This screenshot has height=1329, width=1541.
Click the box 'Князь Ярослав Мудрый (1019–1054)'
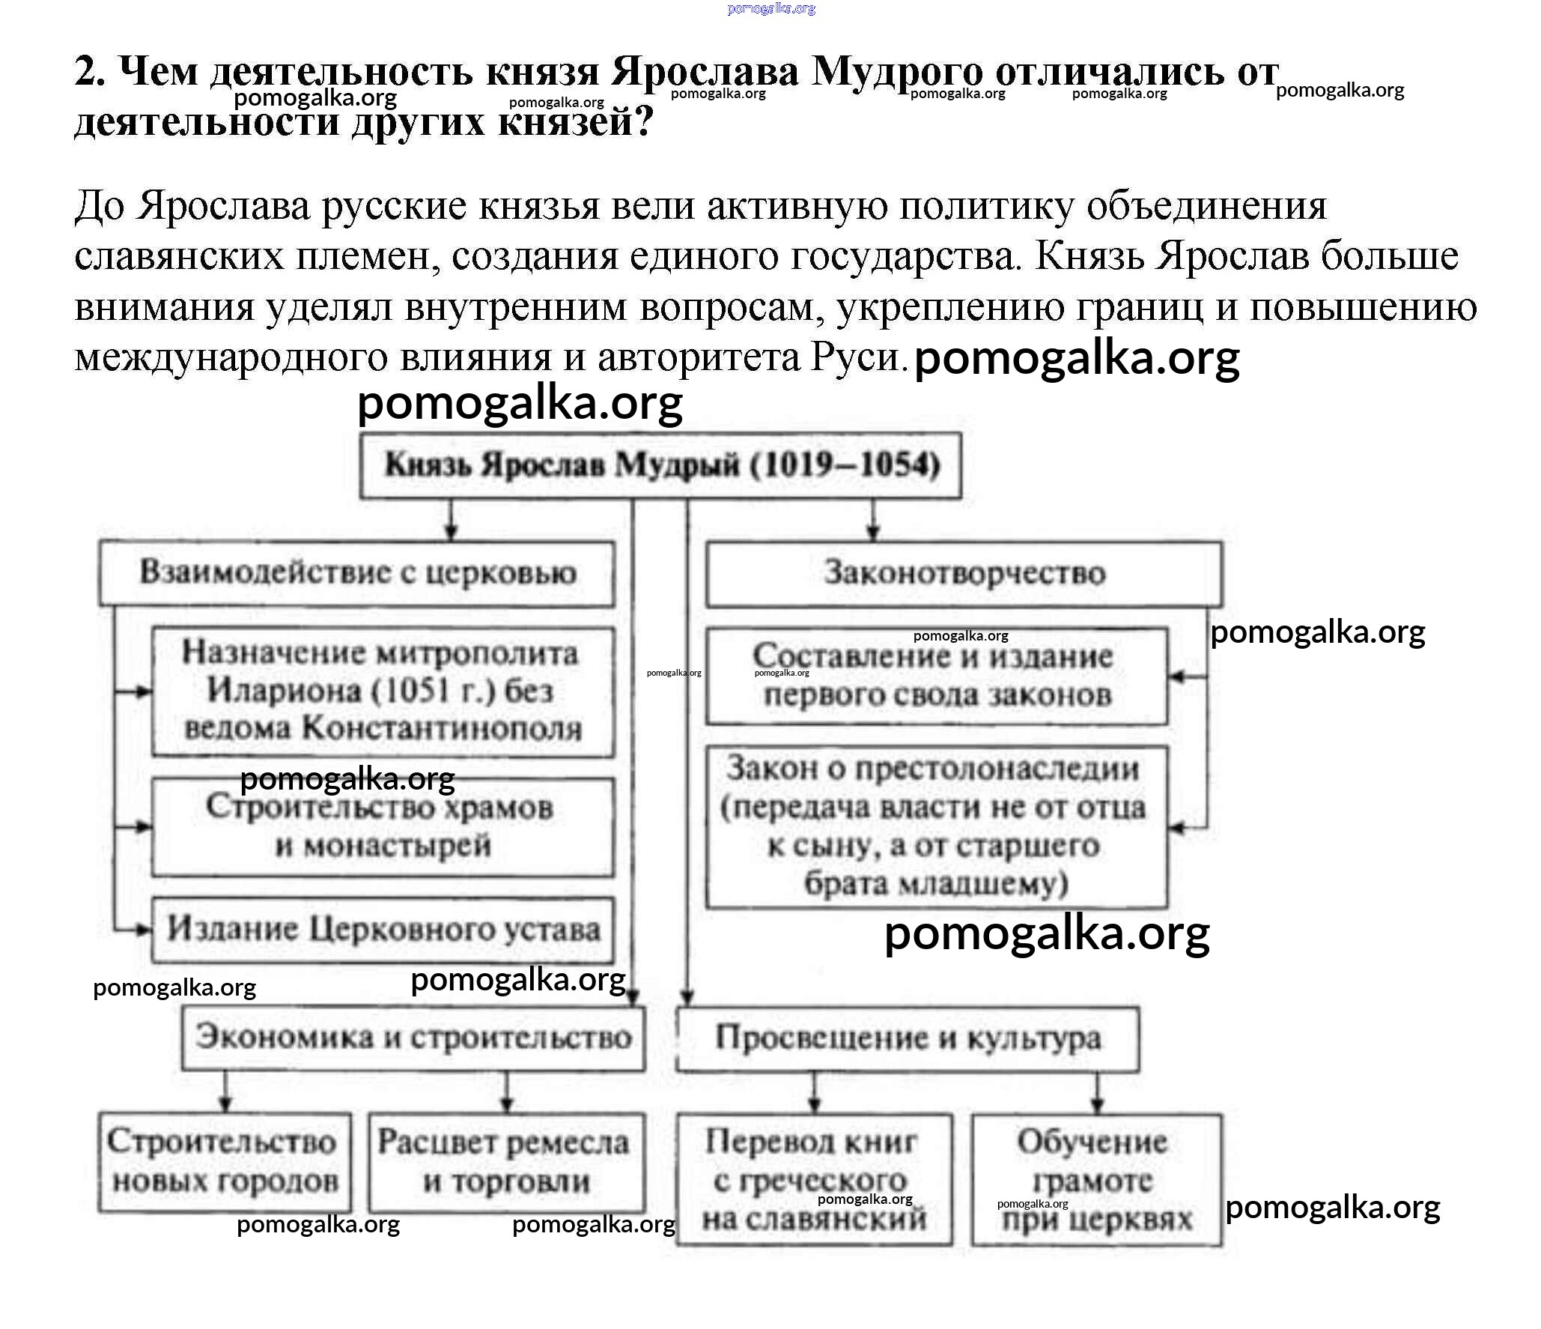click(660, 465)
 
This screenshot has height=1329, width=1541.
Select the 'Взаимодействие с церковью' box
click(357, 573)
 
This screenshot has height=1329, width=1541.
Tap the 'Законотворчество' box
click(964, 573)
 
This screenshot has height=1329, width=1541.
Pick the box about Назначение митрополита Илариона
click(383, 691)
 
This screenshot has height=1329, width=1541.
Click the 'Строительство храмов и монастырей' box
click(383, 827)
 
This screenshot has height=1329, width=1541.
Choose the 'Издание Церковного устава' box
click(383, 930)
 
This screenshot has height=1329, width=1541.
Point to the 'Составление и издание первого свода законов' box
click(937, 676)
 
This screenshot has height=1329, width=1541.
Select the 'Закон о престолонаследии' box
click(937, 826)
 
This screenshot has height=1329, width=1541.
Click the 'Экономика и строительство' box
click(413, 1038)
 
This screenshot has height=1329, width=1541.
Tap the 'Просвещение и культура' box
click(908, 1038)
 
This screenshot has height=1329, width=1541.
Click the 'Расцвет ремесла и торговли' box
click(506, 1162)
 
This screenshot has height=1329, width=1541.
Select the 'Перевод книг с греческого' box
click(814, 1180)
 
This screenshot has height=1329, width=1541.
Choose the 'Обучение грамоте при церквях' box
click(1097, 1180)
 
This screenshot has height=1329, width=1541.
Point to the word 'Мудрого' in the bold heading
click(896, 73)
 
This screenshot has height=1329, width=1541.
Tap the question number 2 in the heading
click(89, 73)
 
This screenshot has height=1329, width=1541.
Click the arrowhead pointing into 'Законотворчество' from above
click(873, 533)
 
